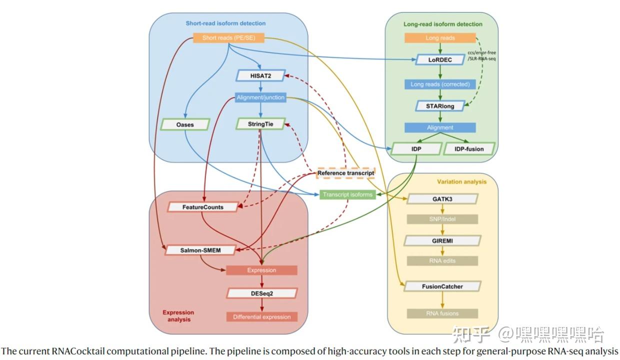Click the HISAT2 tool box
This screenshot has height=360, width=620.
260,75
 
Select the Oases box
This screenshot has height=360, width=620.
185,124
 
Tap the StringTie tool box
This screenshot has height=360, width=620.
260,124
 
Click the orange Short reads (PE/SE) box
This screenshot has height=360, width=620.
228,37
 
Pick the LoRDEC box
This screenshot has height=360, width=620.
440,60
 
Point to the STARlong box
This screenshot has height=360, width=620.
440,106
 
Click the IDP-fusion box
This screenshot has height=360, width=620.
469,149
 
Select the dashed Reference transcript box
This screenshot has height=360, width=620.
345,173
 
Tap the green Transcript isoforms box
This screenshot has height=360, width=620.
347,194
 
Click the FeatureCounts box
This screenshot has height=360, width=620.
203,207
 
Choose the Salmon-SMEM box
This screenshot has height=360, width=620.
200,250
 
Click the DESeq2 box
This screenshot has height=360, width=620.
262,293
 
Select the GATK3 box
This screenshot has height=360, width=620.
442,199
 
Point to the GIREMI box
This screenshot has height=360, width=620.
442,240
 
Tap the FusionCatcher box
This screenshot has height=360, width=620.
442,286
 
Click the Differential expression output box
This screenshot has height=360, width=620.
262,317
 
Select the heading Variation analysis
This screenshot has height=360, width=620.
461,182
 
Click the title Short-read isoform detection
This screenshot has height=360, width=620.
225,23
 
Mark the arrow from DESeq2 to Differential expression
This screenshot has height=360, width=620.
262,305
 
